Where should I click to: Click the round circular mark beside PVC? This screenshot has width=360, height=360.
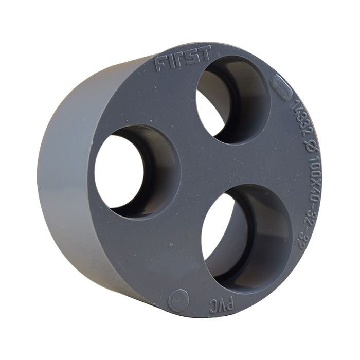pos(178,300)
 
